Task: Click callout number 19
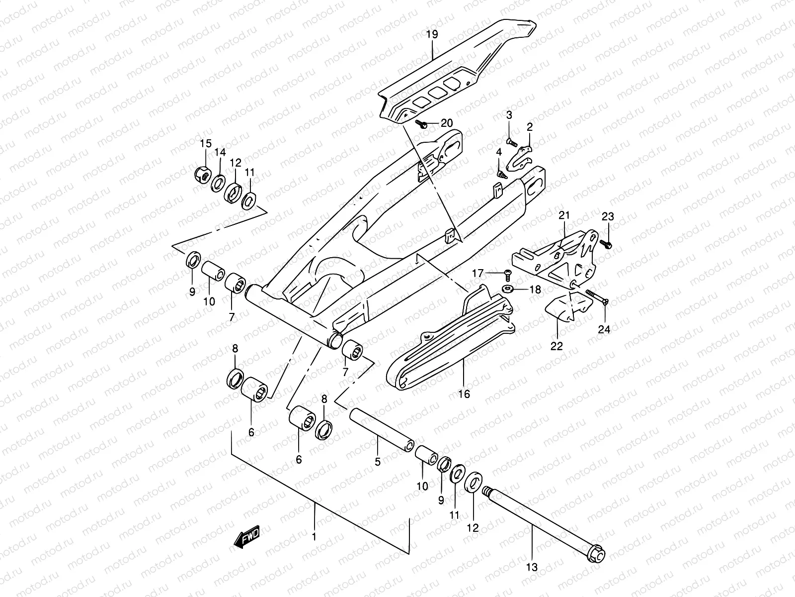click(432, 35)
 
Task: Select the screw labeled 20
click(423, 124)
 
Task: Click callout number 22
click(556, 346)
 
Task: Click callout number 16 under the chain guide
click(464, 394)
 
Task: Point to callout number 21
click(564, 216)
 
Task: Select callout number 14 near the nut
click(220, 153)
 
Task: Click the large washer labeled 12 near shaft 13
click(473, 482)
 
